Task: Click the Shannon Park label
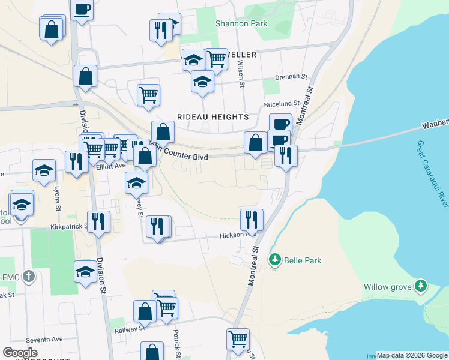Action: click(241, 24)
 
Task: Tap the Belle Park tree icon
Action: click(275, 260)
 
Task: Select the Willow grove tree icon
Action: click(421, 286)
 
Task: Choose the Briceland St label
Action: click(282, 103)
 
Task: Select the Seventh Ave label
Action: click(49, 339)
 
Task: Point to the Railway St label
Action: click(130, 328)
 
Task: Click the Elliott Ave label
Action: click(111, 166)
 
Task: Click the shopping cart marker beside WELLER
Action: click(215, 59)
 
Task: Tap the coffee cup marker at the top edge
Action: click(82, 9)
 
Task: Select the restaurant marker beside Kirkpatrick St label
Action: click(98, 221)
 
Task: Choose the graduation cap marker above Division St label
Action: click(85, 272)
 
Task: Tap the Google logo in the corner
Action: click(20, 352)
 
